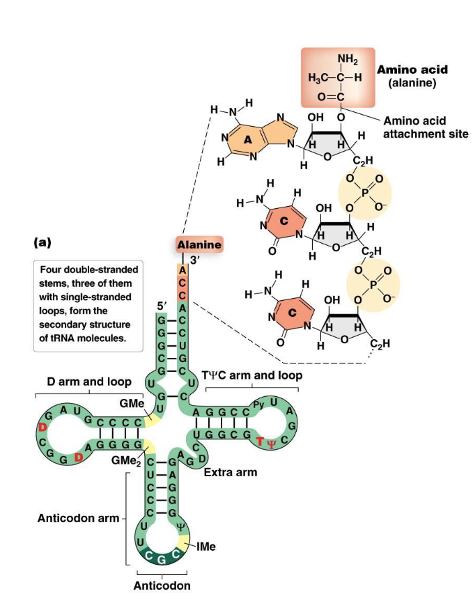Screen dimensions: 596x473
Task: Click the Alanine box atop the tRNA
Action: tap(199, 245)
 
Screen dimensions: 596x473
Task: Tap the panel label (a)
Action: tap(42, 243)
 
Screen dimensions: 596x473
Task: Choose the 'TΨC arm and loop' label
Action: tap(251, 375)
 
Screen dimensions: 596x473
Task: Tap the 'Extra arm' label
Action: tap(230, 473)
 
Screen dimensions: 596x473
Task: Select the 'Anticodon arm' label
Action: tap(77, 518)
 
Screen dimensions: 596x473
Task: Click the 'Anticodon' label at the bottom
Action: tap(162, 586)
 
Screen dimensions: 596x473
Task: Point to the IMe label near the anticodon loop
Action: tap(206, 547)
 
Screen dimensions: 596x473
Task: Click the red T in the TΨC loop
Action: tap(260, 441)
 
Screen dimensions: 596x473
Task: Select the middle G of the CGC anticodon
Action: tap(162, 560)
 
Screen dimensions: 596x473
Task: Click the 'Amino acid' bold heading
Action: tap(412, 70)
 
